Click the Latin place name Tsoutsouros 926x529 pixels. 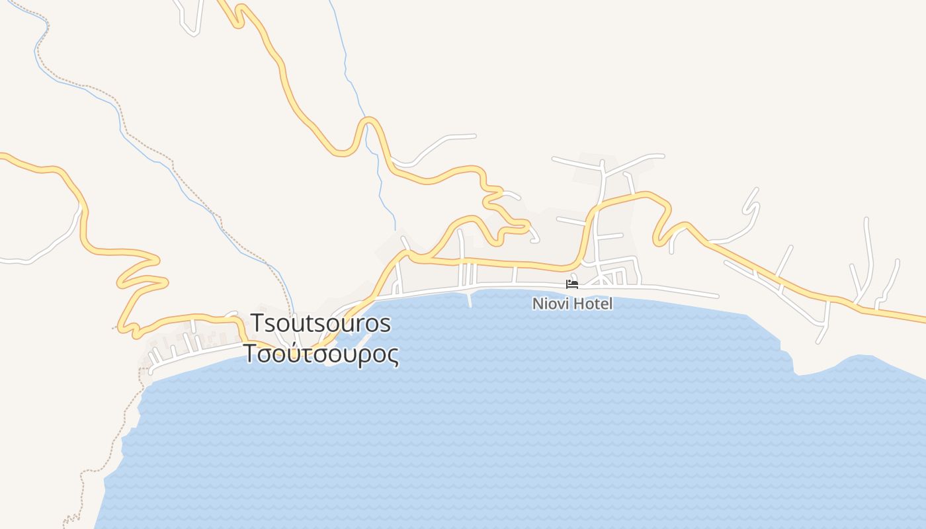pos(321,324)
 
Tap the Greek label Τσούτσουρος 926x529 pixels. pos(321,354)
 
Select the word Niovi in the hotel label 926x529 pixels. pos(548,304)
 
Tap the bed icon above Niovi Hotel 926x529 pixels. pos(572,284)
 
